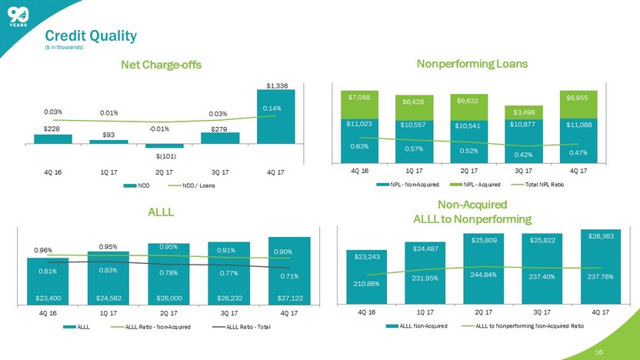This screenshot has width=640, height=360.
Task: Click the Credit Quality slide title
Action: click(91, 35)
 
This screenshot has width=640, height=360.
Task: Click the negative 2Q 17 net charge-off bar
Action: click(163, 145)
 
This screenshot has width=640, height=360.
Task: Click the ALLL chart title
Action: click(162, 212)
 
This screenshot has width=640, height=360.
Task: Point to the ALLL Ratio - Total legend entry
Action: click(251, 329)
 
